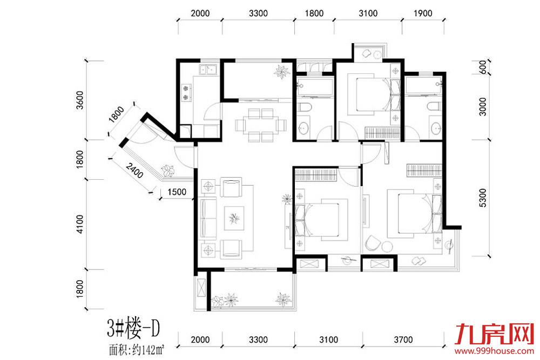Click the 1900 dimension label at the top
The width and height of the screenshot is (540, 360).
point(423,13)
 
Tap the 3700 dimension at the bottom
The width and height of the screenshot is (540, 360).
point(403,340)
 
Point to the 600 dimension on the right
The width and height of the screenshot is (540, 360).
point(483,67)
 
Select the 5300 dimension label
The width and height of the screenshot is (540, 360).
point(483,198)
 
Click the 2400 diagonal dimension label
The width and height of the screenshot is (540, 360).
point(134,171)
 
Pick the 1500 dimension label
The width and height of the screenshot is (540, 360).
point(177,192)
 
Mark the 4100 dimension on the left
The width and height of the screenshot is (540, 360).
point(79,224)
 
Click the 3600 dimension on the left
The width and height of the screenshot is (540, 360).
point(79,100)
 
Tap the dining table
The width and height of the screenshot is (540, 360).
point(261,125)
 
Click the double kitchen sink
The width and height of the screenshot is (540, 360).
point(208,70)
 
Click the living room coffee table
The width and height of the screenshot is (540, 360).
point(234,218)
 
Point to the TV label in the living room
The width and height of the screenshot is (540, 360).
point(287,227)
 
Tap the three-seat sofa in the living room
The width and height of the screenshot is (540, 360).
point(208,218)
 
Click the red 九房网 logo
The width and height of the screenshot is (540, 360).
point(495,334)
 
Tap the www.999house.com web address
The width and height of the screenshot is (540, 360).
point(494,351)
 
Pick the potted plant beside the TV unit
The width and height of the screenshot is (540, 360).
point(287,199)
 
